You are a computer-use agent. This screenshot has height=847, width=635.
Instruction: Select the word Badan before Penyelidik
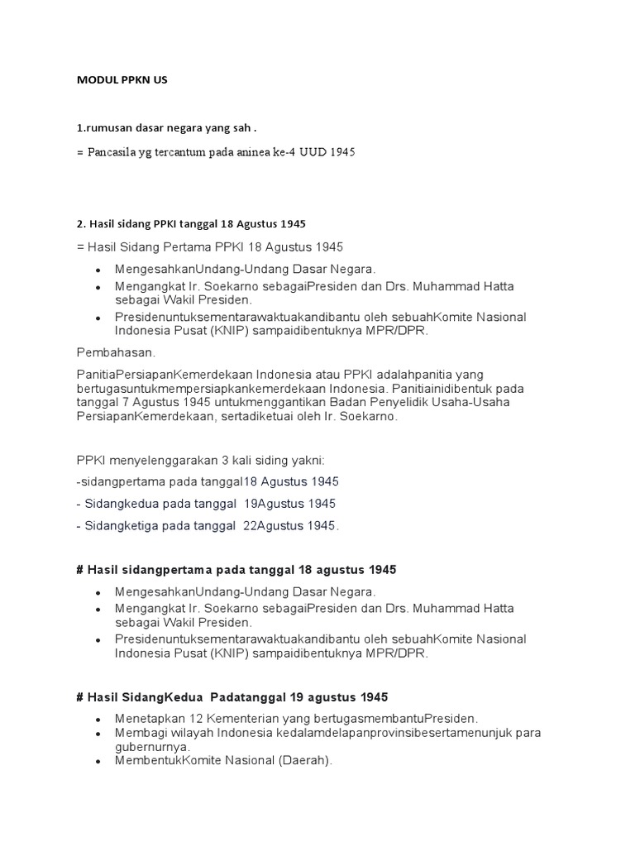coord(341,403)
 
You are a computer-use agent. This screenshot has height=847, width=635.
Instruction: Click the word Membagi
coord(140,733)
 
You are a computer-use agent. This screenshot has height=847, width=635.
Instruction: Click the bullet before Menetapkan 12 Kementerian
coord(98,719)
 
